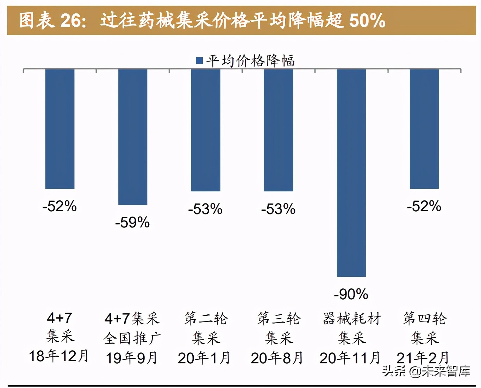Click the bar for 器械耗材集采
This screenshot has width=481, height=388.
click(351, 173)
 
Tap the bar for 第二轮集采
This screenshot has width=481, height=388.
click(206, 130)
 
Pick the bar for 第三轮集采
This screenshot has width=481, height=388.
click(279, 130)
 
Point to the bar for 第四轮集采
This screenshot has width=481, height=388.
click(424, 129)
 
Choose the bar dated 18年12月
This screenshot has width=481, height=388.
click(60, 129)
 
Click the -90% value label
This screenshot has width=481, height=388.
click(351, 294)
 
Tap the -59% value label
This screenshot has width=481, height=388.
click(132, 223)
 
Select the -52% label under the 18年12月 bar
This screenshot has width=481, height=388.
click(60, 206)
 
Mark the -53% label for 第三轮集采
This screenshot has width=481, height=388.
click(278, 209)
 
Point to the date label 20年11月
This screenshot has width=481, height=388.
click(350, 358)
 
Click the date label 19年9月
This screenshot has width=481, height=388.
click(132, 358)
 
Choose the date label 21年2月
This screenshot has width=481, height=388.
click(423, 358)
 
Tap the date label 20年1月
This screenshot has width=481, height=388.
click(204, 358)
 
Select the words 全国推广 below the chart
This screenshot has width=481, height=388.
click(132, 338)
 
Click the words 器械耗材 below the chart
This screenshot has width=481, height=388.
click(352, 319)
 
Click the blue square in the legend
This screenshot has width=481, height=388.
click(199, 61)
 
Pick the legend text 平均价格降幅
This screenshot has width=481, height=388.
click(250, 61)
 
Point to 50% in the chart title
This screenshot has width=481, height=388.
click(367, 20)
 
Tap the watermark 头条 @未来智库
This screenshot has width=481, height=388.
click(426, 371)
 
